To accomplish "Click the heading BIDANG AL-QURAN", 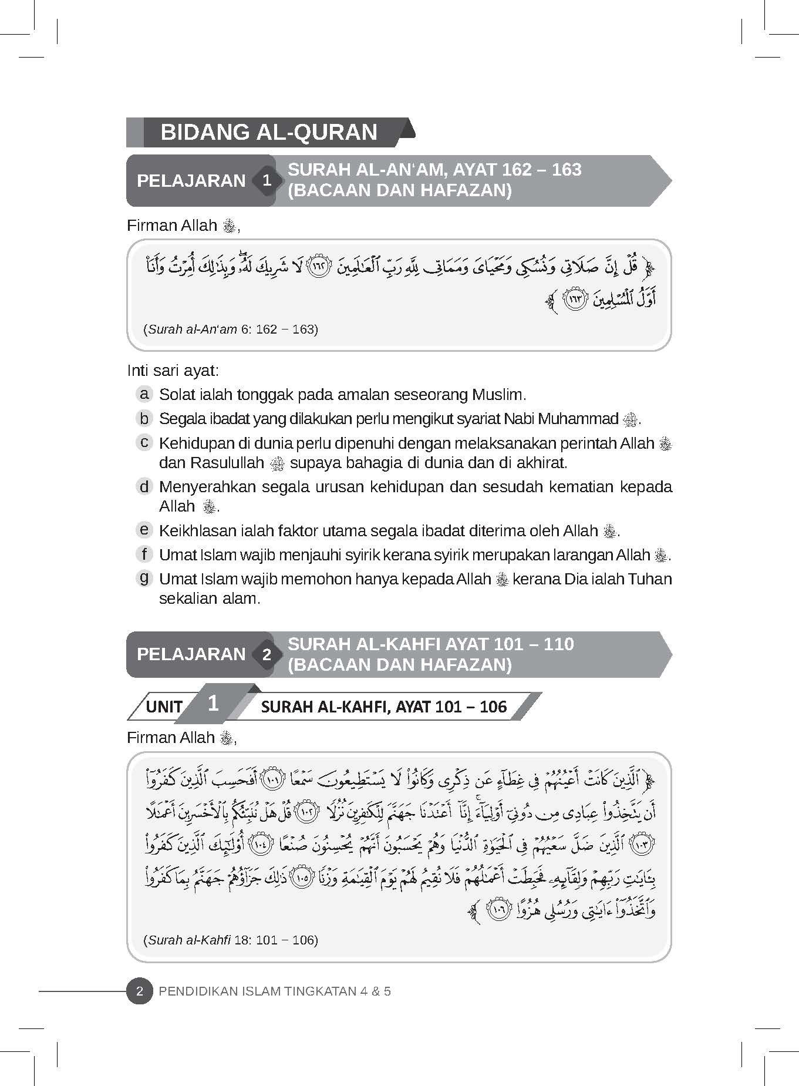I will click(x=269, y=132).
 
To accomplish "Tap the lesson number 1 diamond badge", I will click(x=267, y=180).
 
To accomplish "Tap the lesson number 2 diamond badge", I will click(x=267, y=654).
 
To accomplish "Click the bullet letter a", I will click(x=143, y=394).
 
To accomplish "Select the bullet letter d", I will click(x=143, y=486).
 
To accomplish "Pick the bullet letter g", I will click(x=143, y=578).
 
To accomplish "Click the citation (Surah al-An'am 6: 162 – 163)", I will click(x=231, y=329).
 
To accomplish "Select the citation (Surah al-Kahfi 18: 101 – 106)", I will click(x=231, y=940).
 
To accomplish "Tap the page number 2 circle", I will click(x=140, y=991).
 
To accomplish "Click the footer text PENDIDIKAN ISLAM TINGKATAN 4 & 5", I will click(x=275, y=991).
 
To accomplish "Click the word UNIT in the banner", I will click(x=164, y=706).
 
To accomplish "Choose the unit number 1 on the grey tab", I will click(x=213, y=703).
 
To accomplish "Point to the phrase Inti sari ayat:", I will click(x=173, y=371).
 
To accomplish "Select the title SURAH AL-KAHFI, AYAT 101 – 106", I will click(x=383, y=706).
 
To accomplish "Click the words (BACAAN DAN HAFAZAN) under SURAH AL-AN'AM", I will click(x=399, y=190).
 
